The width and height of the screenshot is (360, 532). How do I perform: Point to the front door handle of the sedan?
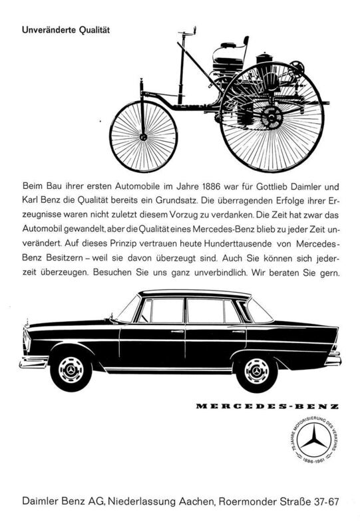[176, 332]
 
